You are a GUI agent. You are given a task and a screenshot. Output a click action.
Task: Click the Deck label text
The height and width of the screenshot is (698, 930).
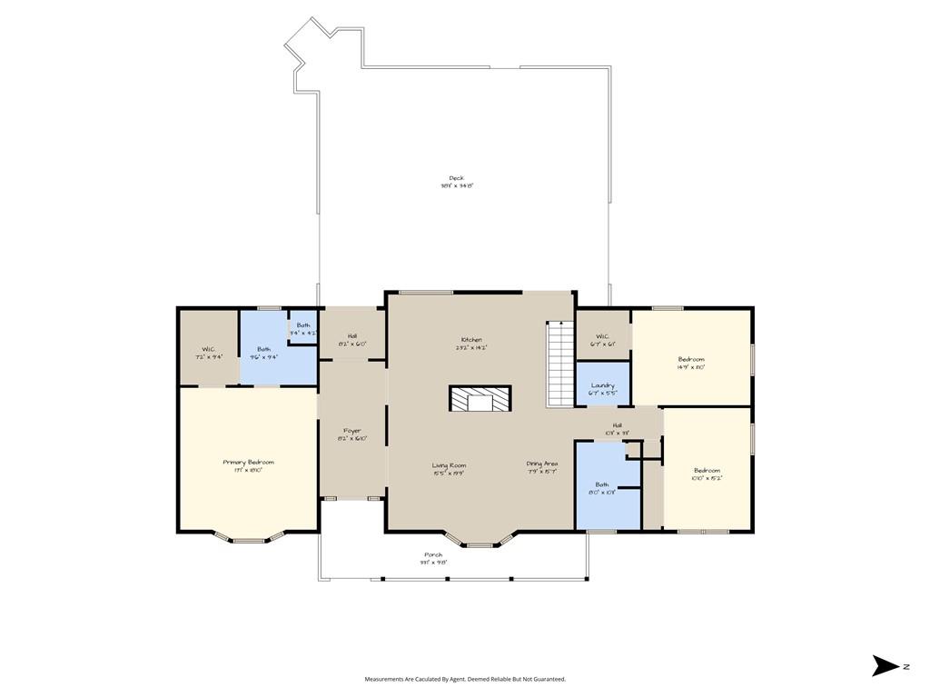click(x=457, y=178)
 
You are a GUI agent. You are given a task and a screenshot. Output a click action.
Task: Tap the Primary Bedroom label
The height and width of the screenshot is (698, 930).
click(x=248, y=463)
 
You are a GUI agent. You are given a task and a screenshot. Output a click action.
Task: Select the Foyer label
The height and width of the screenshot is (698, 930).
click(x=351, y=431)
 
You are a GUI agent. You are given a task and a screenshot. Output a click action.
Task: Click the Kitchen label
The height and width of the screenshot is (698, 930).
click(x=471, y=340)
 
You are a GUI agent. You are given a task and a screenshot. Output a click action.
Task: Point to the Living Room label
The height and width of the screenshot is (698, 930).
click(x=449, y=464)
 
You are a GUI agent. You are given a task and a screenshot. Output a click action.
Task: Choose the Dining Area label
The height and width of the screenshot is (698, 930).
click(x=542, y=464)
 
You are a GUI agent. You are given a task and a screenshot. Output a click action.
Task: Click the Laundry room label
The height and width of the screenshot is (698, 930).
click(x=603, y=385)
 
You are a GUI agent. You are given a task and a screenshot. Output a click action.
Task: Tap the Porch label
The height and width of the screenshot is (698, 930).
click(x=433, y=554)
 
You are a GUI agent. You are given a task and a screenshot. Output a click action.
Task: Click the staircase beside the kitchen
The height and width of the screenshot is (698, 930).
click(x=559, y=364)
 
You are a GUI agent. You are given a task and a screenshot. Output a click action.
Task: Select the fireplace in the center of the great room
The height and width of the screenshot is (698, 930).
click(x=480, y=399)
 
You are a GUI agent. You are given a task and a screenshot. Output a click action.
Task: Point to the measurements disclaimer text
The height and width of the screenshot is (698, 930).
click(x=465, y=679)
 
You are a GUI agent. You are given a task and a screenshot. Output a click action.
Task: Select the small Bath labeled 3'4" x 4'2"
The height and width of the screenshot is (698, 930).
click(x=302, y=325)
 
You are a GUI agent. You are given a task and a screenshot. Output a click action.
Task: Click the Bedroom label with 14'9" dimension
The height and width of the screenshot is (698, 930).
click(x=691, y=359)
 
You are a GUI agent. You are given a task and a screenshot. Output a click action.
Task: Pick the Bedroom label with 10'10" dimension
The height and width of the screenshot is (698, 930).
click(x=707, y=470)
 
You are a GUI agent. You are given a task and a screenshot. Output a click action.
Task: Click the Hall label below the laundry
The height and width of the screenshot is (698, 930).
click(x=617, y=425)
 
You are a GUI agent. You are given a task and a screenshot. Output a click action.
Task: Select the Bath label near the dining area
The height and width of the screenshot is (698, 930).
click(x=602, y=484)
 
